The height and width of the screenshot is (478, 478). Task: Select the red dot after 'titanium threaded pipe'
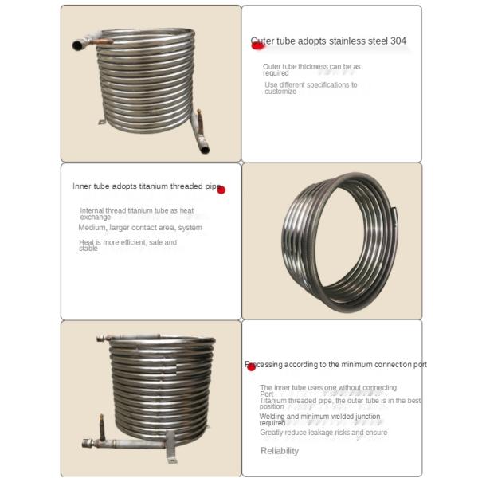click(221, 190)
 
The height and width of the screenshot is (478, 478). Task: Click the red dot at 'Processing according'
click(251, 366)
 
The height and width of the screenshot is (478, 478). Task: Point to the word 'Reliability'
click(280, 451)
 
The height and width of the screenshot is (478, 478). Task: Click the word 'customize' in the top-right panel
click(280, 92)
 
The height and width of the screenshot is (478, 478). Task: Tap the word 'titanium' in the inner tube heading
click(155, 186)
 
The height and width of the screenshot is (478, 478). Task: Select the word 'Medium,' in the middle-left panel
click(92, 228)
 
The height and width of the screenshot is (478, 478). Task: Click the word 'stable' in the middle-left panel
click(88, 249)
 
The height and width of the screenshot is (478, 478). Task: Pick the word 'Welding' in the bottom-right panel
click(273, 416)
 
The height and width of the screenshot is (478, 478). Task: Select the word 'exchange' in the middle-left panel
click(96, 217)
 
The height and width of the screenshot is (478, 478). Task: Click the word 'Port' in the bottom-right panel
click(267, 394)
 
